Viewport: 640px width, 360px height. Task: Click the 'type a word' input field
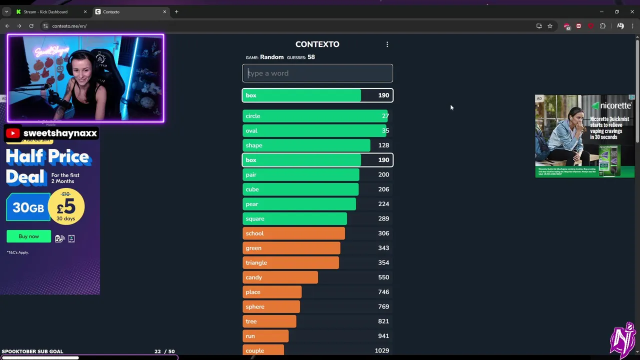(x=317, y=73)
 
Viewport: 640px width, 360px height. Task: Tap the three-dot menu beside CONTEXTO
(x=387, y=44)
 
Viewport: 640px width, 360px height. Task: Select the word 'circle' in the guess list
(x=253, y=116)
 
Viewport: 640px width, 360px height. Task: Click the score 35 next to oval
(x=385, y=130)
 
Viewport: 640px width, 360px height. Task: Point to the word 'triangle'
(x=256, y=262)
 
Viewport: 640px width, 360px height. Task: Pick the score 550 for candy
(x=383, y=277)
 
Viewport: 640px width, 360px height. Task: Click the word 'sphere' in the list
(x=255, y=306)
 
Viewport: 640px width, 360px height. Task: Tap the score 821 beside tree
(x=383, y=321)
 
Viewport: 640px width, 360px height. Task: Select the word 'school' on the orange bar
(x=254, y=233)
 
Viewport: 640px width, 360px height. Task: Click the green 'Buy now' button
(x=28, y=236)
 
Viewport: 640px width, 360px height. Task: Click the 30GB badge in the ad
(x=28, y=207)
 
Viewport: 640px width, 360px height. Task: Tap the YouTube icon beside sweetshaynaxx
(x=13, y=133)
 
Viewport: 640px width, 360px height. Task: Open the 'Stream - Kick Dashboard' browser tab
(x=45, y=12)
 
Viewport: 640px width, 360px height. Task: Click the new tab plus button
(x=176, y=12)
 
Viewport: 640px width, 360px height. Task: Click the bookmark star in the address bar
(x=550, y=26)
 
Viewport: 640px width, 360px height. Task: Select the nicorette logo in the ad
(x=611, y=106)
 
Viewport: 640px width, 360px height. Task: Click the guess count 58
(x=311, y=57)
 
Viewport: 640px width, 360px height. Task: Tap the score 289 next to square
(x=383, y=218)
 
